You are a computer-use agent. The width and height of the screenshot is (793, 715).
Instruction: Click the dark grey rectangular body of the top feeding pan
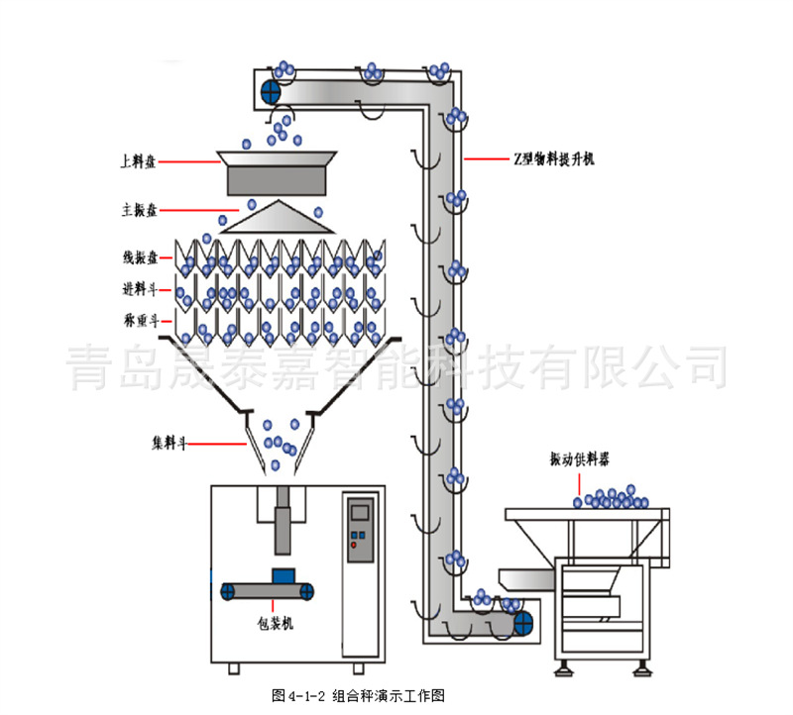coord(277,179)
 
